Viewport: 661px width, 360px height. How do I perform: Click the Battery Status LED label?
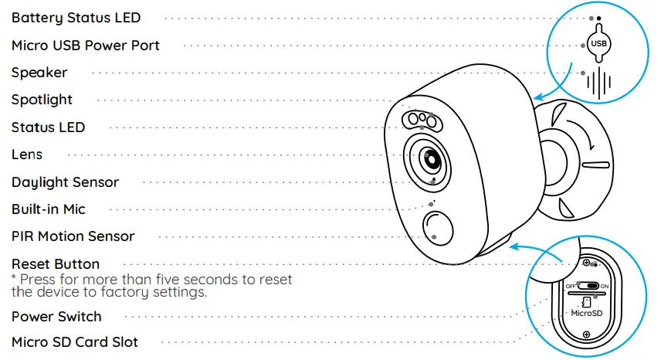76,18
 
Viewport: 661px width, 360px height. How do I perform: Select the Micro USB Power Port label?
85,46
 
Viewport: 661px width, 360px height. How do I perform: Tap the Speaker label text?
39,73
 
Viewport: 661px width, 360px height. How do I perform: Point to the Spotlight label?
42,100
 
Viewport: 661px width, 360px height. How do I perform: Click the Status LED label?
48,127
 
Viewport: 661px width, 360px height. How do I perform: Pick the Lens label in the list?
27,155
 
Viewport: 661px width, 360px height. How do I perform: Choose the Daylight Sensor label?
65,182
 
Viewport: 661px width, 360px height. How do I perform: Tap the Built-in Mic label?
48,209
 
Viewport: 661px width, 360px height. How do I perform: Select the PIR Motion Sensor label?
73,236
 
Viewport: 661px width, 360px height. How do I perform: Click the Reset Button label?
55,264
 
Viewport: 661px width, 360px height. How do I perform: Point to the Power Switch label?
56,317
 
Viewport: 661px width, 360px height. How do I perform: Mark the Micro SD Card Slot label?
75,341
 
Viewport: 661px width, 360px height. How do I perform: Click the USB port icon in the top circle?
599,43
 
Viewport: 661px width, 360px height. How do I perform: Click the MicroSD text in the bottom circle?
586,314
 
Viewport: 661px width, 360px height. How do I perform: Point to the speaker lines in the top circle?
598,83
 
